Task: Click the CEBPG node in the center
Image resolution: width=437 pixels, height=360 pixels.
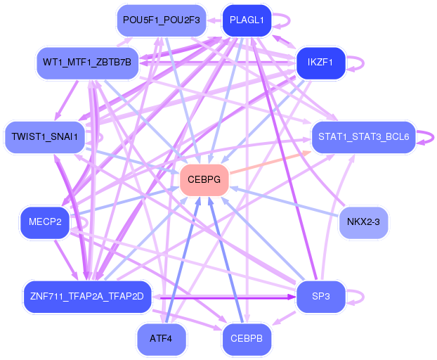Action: tap(204, 180)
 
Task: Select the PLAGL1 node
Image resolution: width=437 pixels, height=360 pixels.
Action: tap(247, 20)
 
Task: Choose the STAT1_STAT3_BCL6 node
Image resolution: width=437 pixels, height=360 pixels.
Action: tap(363, 136)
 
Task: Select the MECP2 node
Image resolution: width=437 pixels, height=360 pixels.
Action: tap(45, 223)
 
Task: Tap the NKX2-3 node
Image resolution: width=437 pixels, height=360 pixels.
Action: tap(363, 223)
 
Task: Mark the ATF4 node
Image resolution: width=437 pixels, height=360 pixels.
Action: tap(161, 340)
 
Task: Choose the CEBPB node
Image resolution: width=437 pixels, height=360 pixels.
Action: tap(247, 340)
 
